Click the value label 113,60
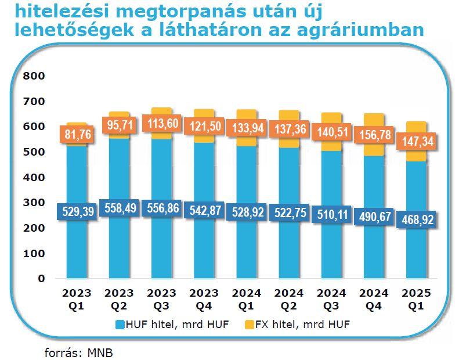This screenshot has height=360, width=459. [162, 125]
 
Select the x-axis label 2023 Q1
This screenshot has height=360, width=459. [78, 298]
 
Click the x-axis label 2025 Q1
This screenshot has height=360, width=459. [417, 298]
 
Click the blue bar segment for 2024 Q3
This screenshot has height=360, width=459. [331, 250]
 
